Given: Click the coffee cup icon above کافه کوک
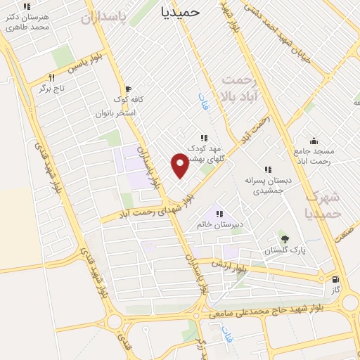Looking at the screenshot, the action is coord(127,89).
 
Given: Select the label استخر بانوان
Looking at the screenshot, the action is coord(115,112).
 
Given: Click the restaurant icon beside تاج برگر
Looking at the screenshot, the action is coord(51,78).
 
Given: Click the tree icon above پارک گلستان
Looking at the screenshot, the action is coord(284,239).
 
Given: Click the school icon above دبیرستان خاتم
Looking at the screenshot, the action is coord(219,214).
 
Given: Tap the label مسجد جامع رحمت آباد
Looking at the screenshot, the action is coord(314,157).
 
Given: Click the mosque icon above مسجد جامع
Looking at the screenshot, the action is coord(314,139).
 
